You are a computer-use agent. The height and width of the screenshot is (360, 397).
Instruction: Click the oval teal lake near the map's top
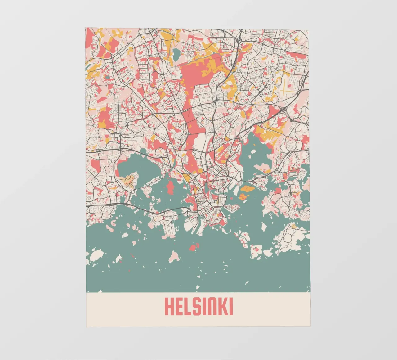[x=176, y=55]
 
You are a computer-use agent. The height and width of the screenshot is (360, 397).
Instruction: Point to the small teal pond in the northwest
[x=107, y=77]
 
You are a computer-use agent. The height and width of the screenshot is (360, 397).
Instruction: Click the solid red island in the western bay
[x=170, y=187]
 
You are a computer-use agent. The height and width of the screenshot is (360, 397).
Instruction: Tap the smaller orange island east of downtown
[x=243, y=196]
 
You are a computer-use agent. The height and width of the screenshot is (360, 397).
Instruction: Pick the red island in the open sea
[x=194, y=247]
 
